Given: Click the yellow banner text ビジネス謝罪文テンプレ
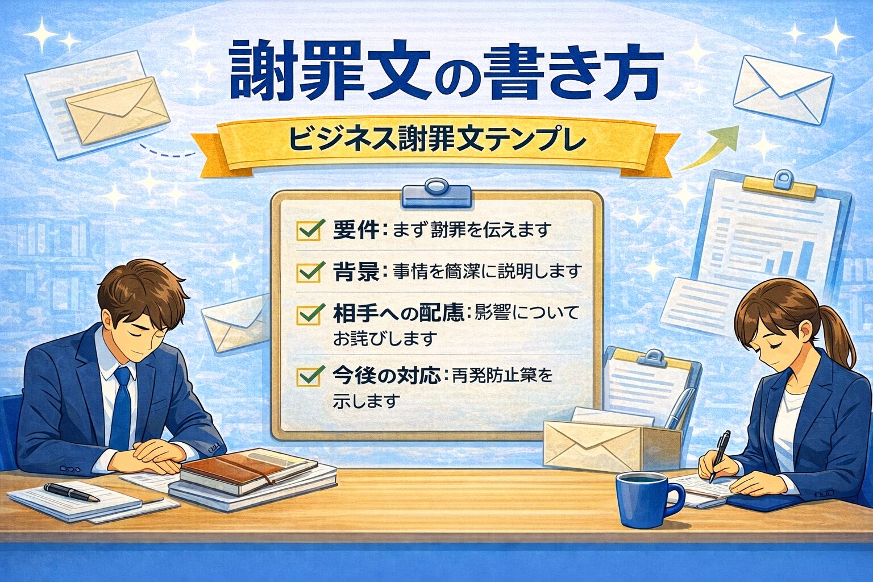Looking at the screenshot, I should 436,140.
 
